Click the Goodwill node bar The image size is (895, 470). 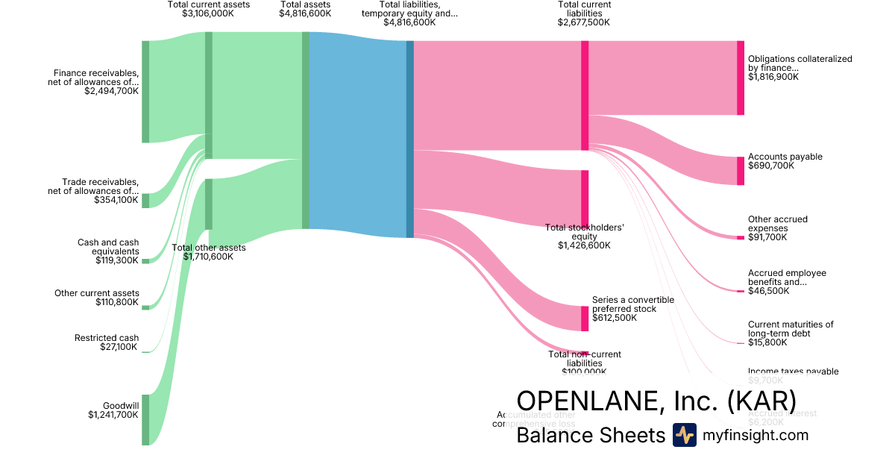click(145, 419)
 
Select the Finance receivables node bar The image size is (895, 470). click(145, 91)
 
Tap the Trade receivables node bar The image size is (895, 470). click(145, 200)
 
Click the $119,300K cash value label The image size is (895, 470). click(117, 260)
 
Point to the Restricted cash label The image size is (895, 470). click(107, 338)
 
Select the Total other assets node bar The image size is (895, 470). click(209, 204)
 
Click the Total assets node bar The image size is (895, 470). click(306, 130)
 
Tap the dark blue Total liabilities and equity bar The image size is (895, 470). click(409, 139)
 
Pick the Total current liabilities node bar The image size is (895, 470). click(585, 95)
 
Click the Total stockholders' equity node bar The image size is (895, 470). click(585, 198)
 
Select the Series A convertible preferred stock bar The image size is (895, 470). click(585, 319)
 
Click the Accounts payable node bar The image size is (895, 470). click(740, 171)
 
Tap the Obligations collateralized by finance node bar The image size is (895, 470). click(740, 78)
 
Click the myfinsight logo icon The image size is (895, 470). click(684, 435)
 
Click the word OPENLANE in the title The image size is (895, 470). click(583, 400)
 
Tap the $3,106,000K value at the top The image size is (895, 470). click(208, 13)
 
